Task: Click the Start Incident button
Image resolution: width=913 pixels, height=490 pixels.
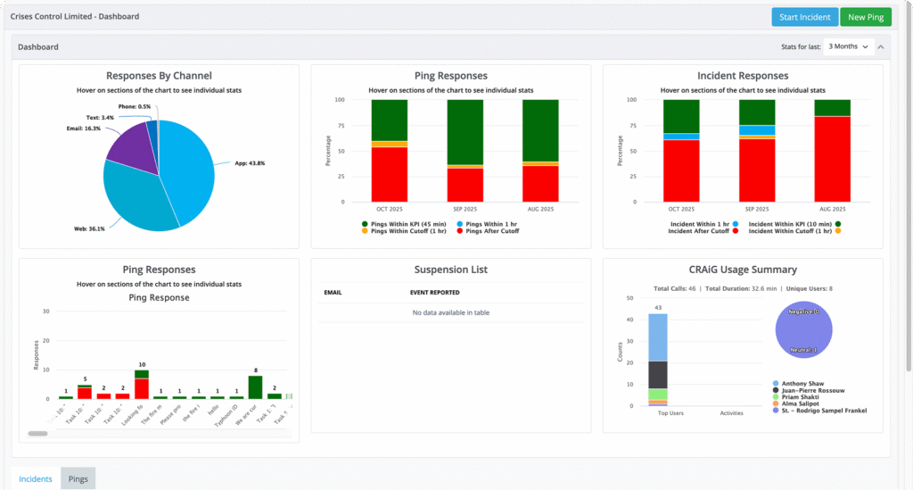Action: tap(804, 17)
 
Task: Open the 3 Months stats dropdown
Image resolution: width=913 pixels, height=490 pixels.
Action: tap(848, 46)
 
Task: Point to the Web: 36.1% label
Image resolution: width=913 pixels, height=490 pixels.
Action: tap(88, 228)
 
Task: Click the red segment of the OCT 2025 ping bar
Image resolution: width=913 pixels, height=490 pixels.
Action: tap(390, 174)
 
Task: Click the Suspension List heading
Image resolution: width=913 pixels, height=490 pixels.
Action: tap(450, 270)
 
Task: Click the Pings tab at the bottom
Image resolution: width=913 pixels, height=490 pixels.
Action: tap(78, 479)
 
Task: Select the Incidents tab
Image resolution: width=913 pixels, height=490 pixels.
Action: tap(36, 479)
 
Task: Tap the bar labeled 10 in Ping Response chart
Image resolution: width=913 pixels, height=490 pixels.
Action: tap(142, 385)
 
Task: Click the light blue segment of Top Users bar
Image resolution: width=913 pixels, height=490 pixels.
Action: tap(658, 336)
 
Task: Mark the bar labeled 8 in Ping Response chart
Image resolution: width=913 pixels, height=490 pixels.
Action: tap(255, 386)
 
